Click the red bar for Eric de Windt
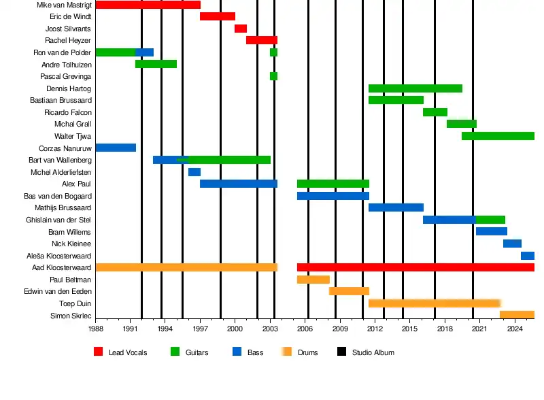coord(217,16)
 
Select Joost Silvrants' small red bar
coord(240,29)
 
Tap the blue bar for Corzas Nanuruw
coord(116,148)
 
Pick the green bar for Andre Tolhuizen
coord(156,64)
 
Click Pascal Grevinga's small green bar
coord(273,76)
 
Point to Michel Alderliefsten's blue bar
coord(194,172)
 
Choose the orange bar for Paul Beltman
coord(313,280)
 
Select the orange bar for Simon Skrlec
coord(517,315)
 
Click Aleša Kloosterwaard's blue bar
coord(527,256)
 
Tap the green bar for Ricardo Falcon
coord(435,112)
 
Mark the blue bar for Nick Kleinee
coord(512,244)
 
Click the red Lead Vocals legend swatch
coord(98,352)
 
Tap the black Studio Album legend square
coord(341,352)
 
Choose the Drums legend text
coord(307,352)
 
